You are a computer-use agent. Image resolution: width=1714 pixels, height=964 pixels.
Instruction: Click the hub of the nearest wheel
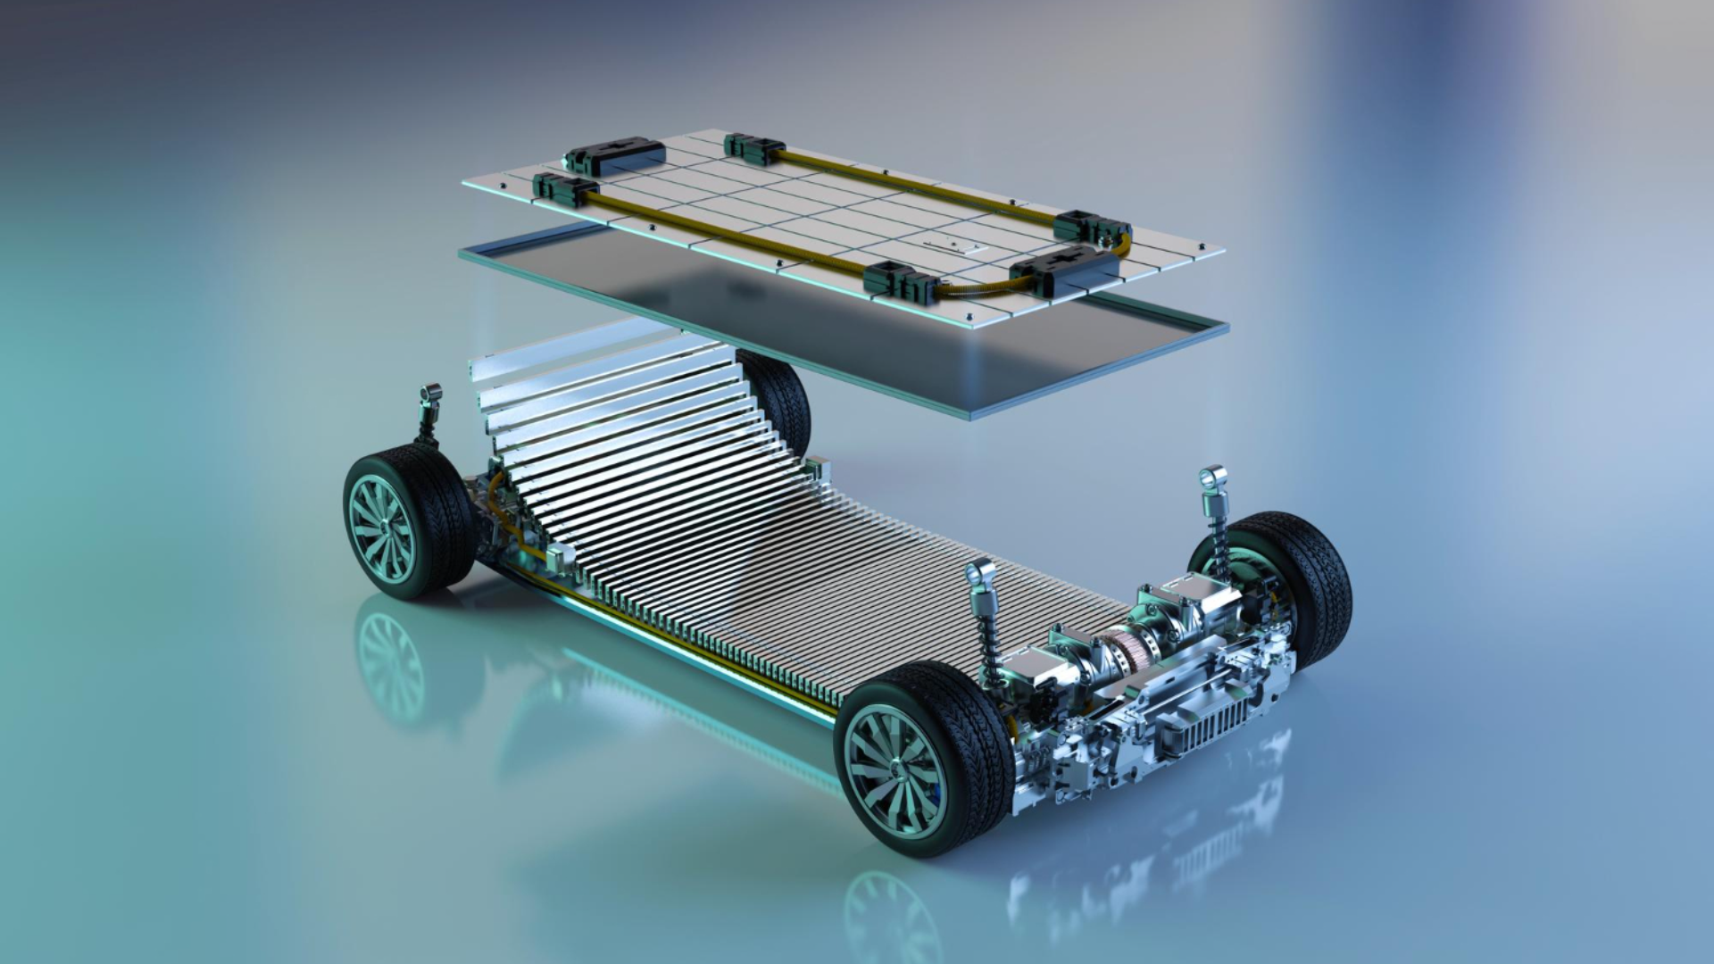895,768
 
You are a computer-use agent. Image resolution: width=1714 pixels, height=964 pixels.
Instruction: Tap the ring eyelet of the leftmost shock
432,393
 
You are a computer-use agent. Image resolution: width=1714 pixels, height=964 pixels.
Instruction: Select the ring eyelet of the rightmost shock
1213,478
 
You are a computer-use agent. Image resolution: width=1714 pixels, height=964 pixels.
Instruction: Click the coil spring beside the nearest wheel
988,638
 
